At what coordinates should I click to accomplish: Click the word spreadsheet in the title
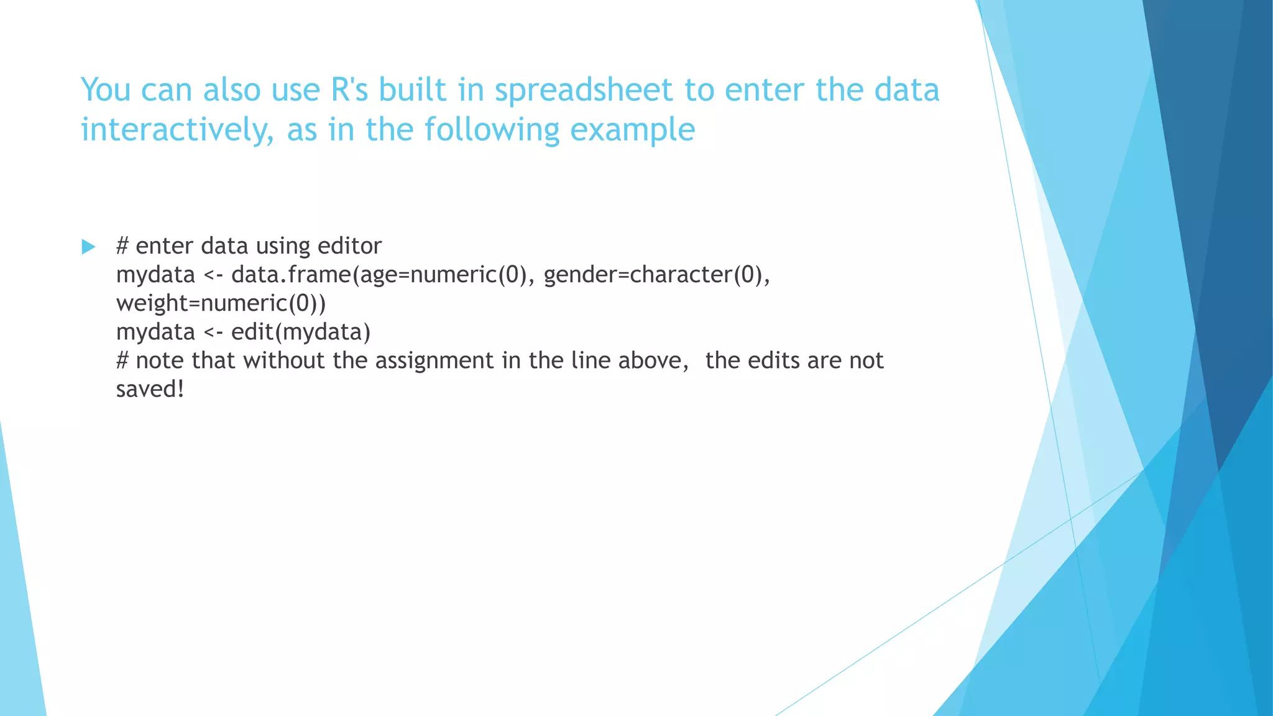click(584, 91)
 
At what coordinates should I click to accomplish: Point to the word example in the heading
click(632, 131)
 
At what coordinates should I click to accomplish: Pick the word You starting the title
click(106, 89)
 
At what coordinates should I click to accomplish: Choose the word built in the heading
click(412, 89)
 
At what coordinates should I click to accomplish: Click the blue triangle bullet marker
click(88, 247)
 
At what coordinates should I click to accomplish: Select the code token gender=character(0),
click(656, 274)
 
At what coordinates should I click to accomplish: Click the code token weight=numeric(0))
click(221, 303)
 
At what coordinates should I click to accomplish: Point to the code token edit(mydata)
click(301, 331)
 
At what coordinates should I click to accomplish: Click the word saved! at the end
click(150, 389)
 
